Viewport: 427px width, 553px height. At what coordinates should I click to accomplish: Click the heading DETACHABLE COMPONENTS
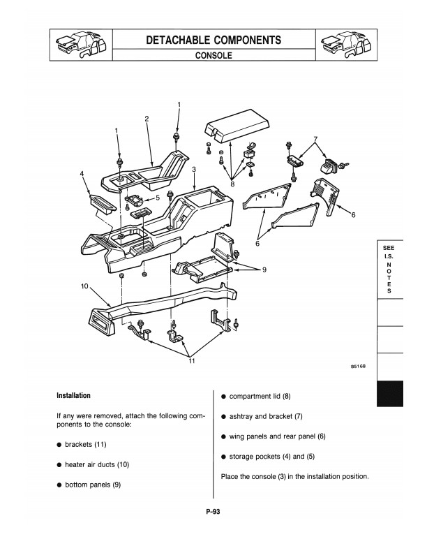[213, 40]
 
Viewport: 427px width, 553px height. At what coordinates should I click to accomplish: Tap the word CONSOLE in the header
[213, 55]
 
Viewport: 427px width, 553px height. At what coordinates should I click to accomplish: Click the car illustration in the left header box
[81, 45]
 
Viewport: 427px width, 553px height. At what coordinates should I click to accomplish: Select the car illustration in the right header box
[346, 45]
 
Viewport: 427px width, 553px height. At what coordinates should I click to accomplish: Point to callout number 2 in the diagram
[147, 119]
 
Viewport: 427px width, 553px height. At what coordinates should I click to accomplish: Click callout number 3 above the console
[194, 169]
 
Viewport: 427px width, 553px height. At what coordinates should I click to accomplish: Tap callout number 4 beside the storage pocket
[82, 174]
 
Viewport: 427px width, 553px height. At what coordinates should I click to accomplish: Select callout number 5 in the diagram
[158, 198]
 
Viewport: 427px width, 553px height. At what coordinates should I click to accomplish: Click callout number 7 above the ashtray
[315, 139]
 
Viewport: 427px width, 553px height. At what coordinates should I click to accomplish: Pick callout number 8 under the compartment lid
[232, 184]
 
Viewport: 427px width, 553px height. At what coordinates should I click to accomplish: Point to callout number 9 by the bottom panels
[264, 270]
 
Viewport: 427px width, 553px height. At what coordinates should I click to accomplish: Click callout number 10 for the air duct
[84, 286]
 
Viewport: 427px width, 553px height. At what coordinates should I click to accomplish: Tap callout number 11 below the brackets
[191, 361]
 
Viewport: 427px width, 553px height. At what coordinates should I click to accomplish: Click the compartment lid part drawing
[237, 125]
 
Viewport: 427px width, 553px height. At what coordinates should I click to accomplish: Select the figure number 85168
[359, 366]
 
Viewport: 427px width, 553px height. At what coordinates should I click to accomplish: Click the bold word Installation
[74, 395]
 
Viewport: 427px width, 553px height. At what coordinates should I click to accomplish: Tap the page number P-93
[213, 511]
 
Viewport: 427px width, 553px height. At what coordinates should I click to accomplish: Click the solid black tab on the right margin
[389, 394]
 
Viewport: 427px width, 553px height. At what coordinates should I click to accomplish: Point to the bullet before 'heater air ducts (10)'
[59, 465]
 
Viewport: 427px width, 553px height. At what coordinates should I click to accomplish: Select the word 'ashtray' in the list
[241, 417]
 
